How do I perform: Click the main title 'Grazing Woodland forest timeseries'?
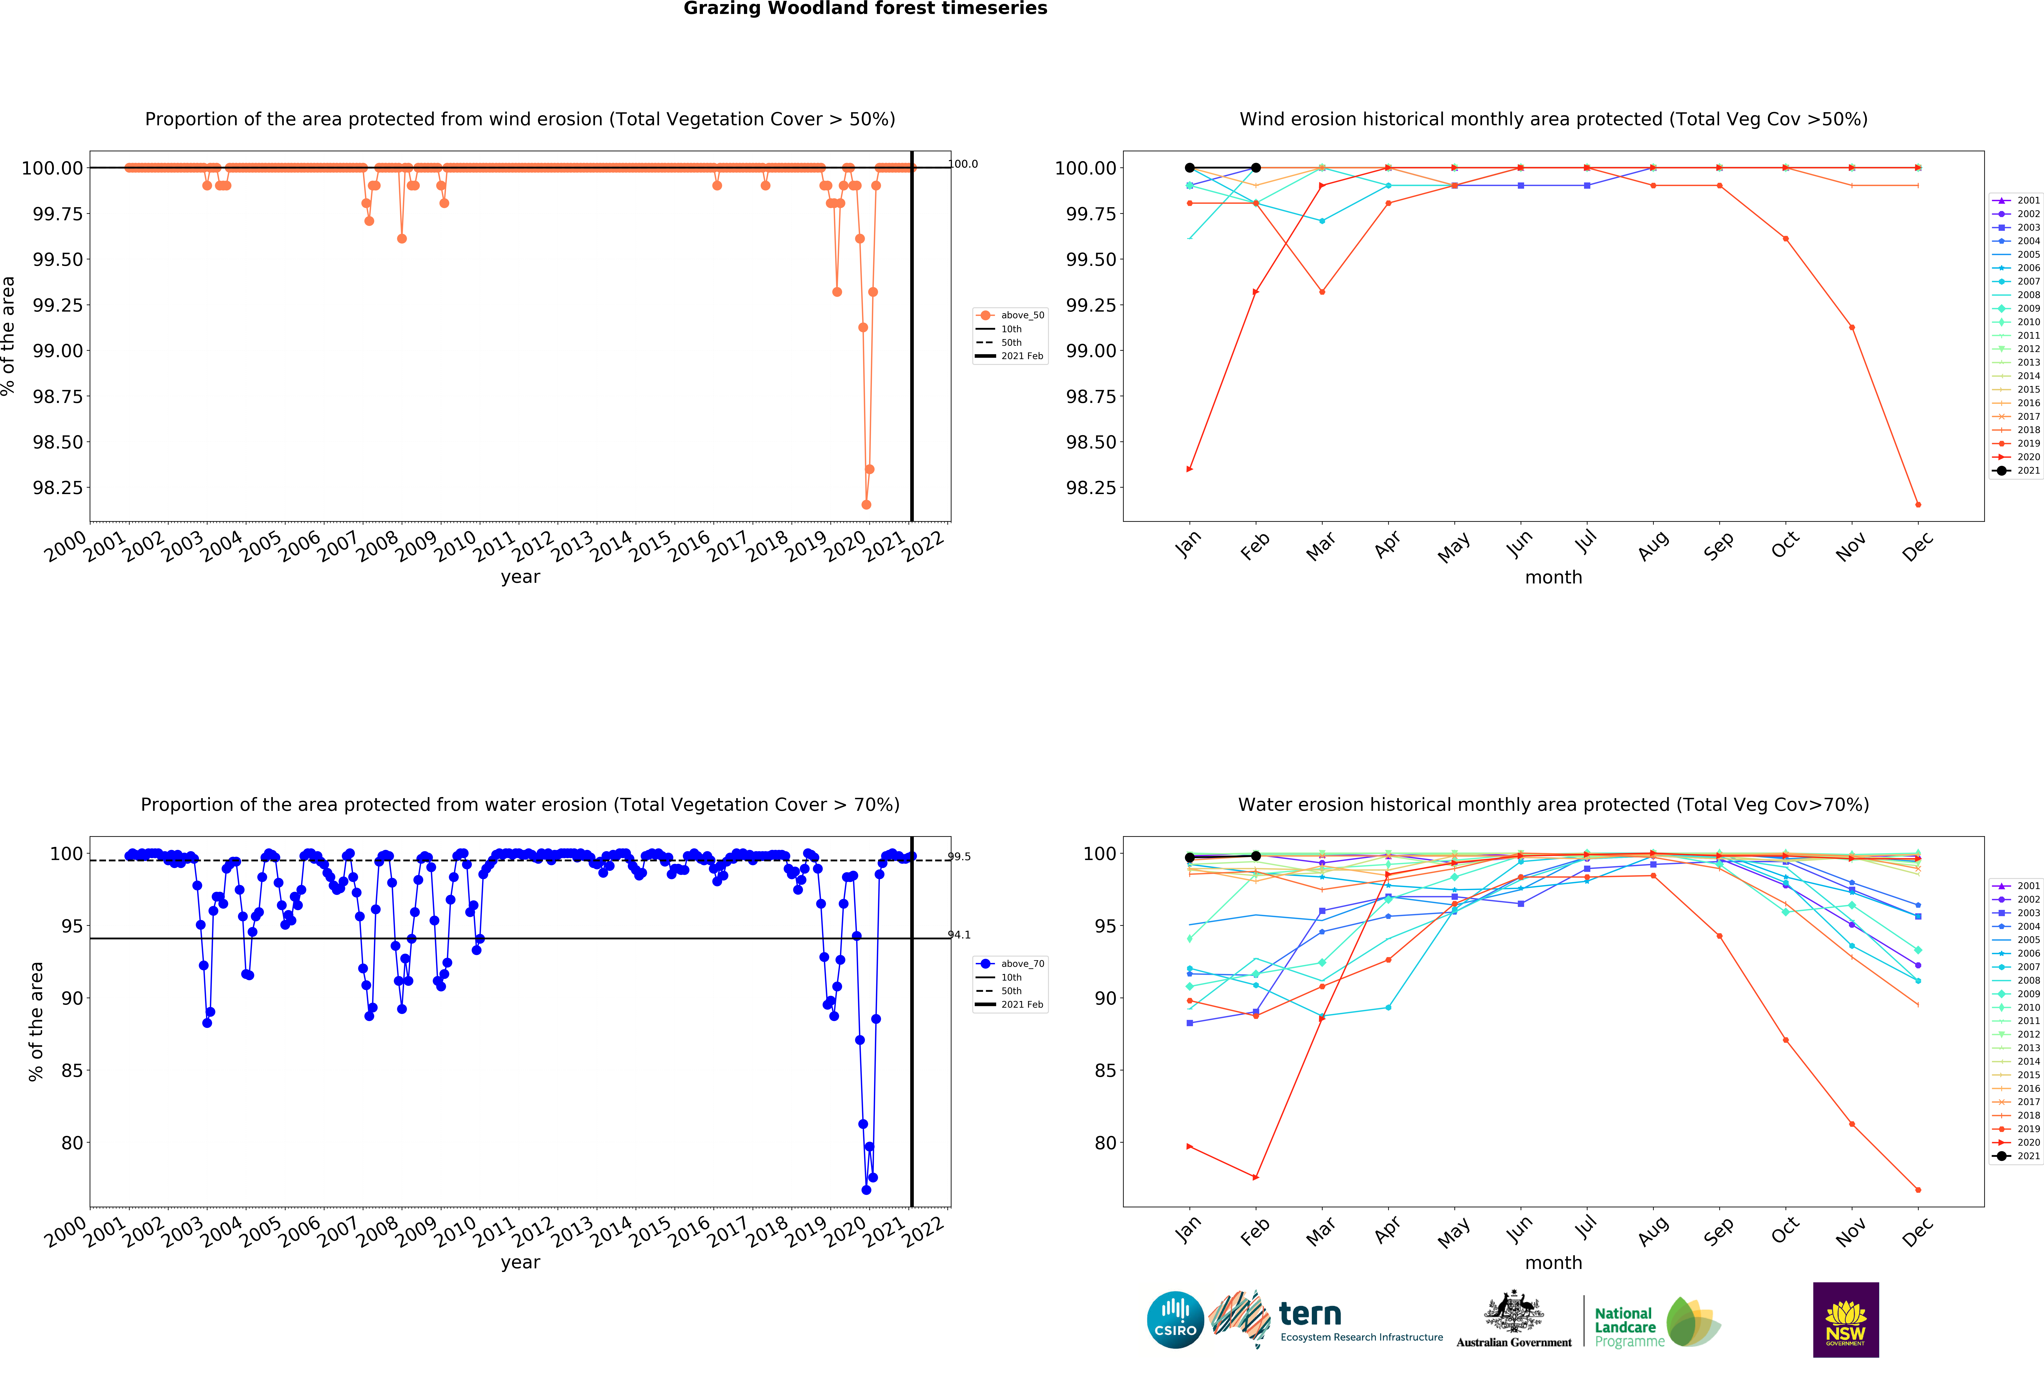click(865, 9)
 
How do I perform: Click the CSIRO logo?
click(1175, 1319)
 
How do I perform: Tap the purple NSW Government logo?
click(1845, 1319)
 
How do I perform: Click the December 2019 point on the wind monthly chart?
click(1918, 504)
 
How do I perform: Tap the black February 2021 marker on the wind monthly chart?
click(1256, 167)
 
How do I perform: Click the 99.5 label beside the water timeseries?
click(959, 856)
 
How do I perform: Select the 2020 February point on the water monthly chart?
click(1256, 1177)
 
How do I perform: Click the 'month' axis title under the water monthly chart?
click(1553, 1263)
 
